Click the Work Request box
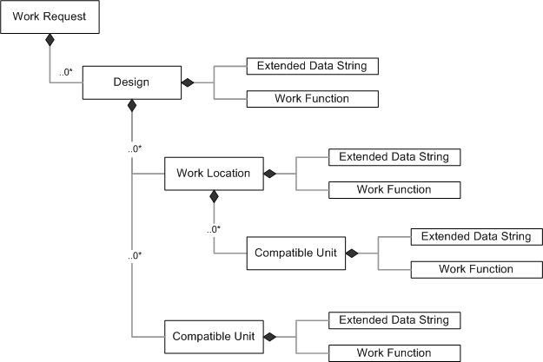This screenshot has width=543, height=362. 50,17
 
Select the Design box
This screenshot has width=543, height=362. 131,82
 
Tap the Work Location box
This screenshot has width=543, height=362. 213,174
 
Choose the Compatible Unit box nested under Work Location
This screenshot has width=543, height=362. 295,253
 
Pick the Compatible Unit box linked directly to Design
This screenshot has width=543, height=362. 213,336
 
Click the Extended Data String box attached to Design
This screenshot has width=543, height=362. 313,66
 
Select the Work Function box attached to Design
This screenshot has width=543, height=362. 313,99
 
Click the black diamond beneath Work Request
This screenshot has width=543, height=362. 50,41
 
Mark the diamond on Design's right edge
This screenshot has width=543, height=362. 186,82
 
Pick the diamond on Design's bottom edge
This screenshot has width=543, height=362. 131,106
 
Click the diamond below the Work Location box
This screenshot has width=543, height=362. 213,197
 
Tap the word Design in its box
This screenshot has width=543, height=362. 131,82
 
